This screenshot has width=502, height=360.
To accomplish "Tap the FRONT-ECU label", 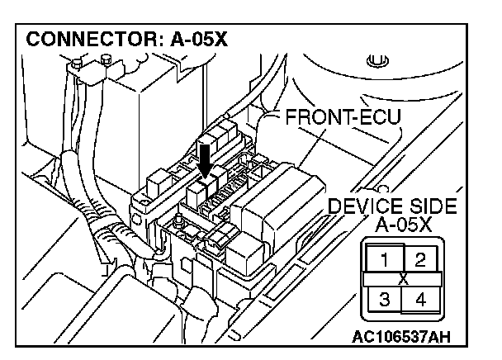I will click(x=342, y=117).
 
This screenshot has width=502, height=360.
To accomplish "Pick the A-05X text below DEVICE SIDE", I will click(x=401, y=224).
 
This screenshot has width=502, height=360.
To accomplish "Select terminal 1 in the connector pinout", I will click(x=382, y=260).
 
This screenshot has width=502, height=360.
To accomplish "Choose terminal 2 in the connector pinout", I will click(x=419, y=260).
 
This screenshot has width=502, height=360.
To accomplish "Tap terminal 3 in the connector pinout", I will click(x=382, y=299).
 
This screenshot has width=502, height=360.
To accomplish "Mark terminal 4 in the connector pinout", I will click(x=419, y=299).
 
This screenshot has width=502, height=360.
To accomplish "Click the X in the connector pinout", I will click(x=402, y=280).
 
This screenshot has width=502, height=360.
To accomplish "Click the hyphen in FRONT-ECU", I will click(x=353, y=118).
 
